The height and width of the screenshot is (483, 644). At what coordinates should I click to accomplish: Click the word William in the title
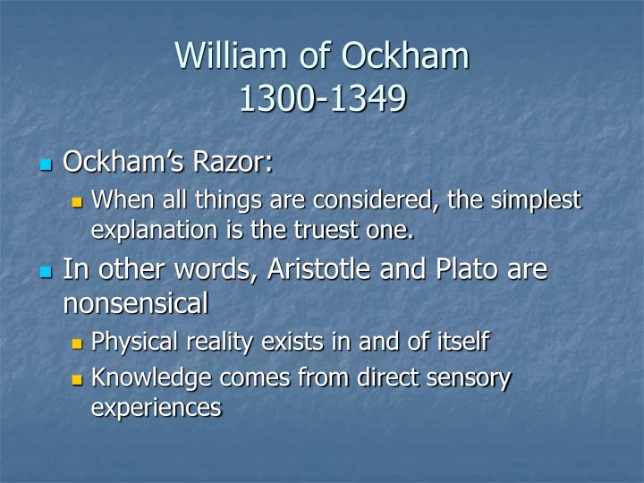(x=231, y=55)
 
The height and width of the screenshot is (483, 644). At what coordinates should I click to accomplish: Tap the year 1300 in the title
(x=277, y=98)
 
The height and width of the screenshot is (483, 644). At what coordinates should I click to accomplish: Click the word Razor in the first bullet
(x=233, y=161)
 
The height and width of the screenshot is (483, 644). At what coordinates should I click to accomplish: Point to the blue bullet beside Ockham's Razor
(x=46, y=165)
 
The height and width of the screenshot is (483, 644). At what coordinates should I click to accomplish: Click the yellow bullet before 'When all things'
(x=77, y=201)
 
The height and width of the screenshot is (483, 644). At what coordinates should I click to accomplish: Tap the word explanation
(x=154, y=231)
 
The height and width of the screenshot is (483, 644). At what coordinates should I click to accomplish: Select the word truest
(x=326, y=229)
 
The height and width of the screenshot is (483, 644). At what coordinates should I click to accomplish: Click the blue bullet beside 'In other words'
(x=46, y=272)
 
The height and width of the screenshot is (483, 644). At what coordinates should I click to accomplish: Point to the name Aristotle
(x=319, y=269)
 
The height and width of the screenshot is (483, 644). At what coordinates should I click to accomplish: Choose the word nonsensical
(x=136, y=303)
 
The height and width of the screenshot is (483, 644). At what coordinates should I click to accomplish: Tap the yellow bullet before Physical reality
(x=77, y=343)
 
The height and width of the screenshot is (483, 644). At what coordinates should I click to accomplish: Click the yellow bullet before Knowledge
(x=77, y=379)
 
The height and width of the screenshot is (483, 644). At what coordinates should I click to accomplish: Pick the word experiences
(x=156, y=408)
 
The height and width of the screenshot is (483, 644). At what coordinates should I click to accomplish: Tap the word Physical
(x=135, y=342)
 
